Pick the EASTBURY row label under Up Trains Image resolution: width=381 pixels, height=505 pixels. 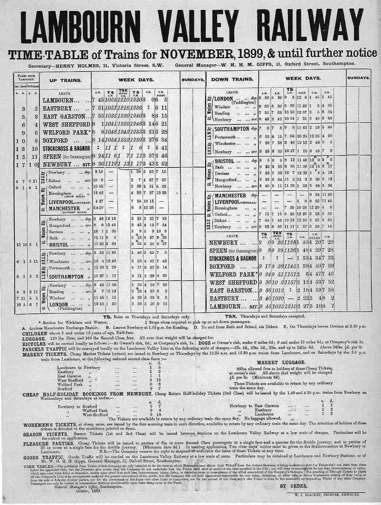tap(60, 108)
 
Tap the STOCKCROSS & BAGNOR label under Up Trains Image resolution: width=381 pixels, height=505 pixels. tap(66, 149)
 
